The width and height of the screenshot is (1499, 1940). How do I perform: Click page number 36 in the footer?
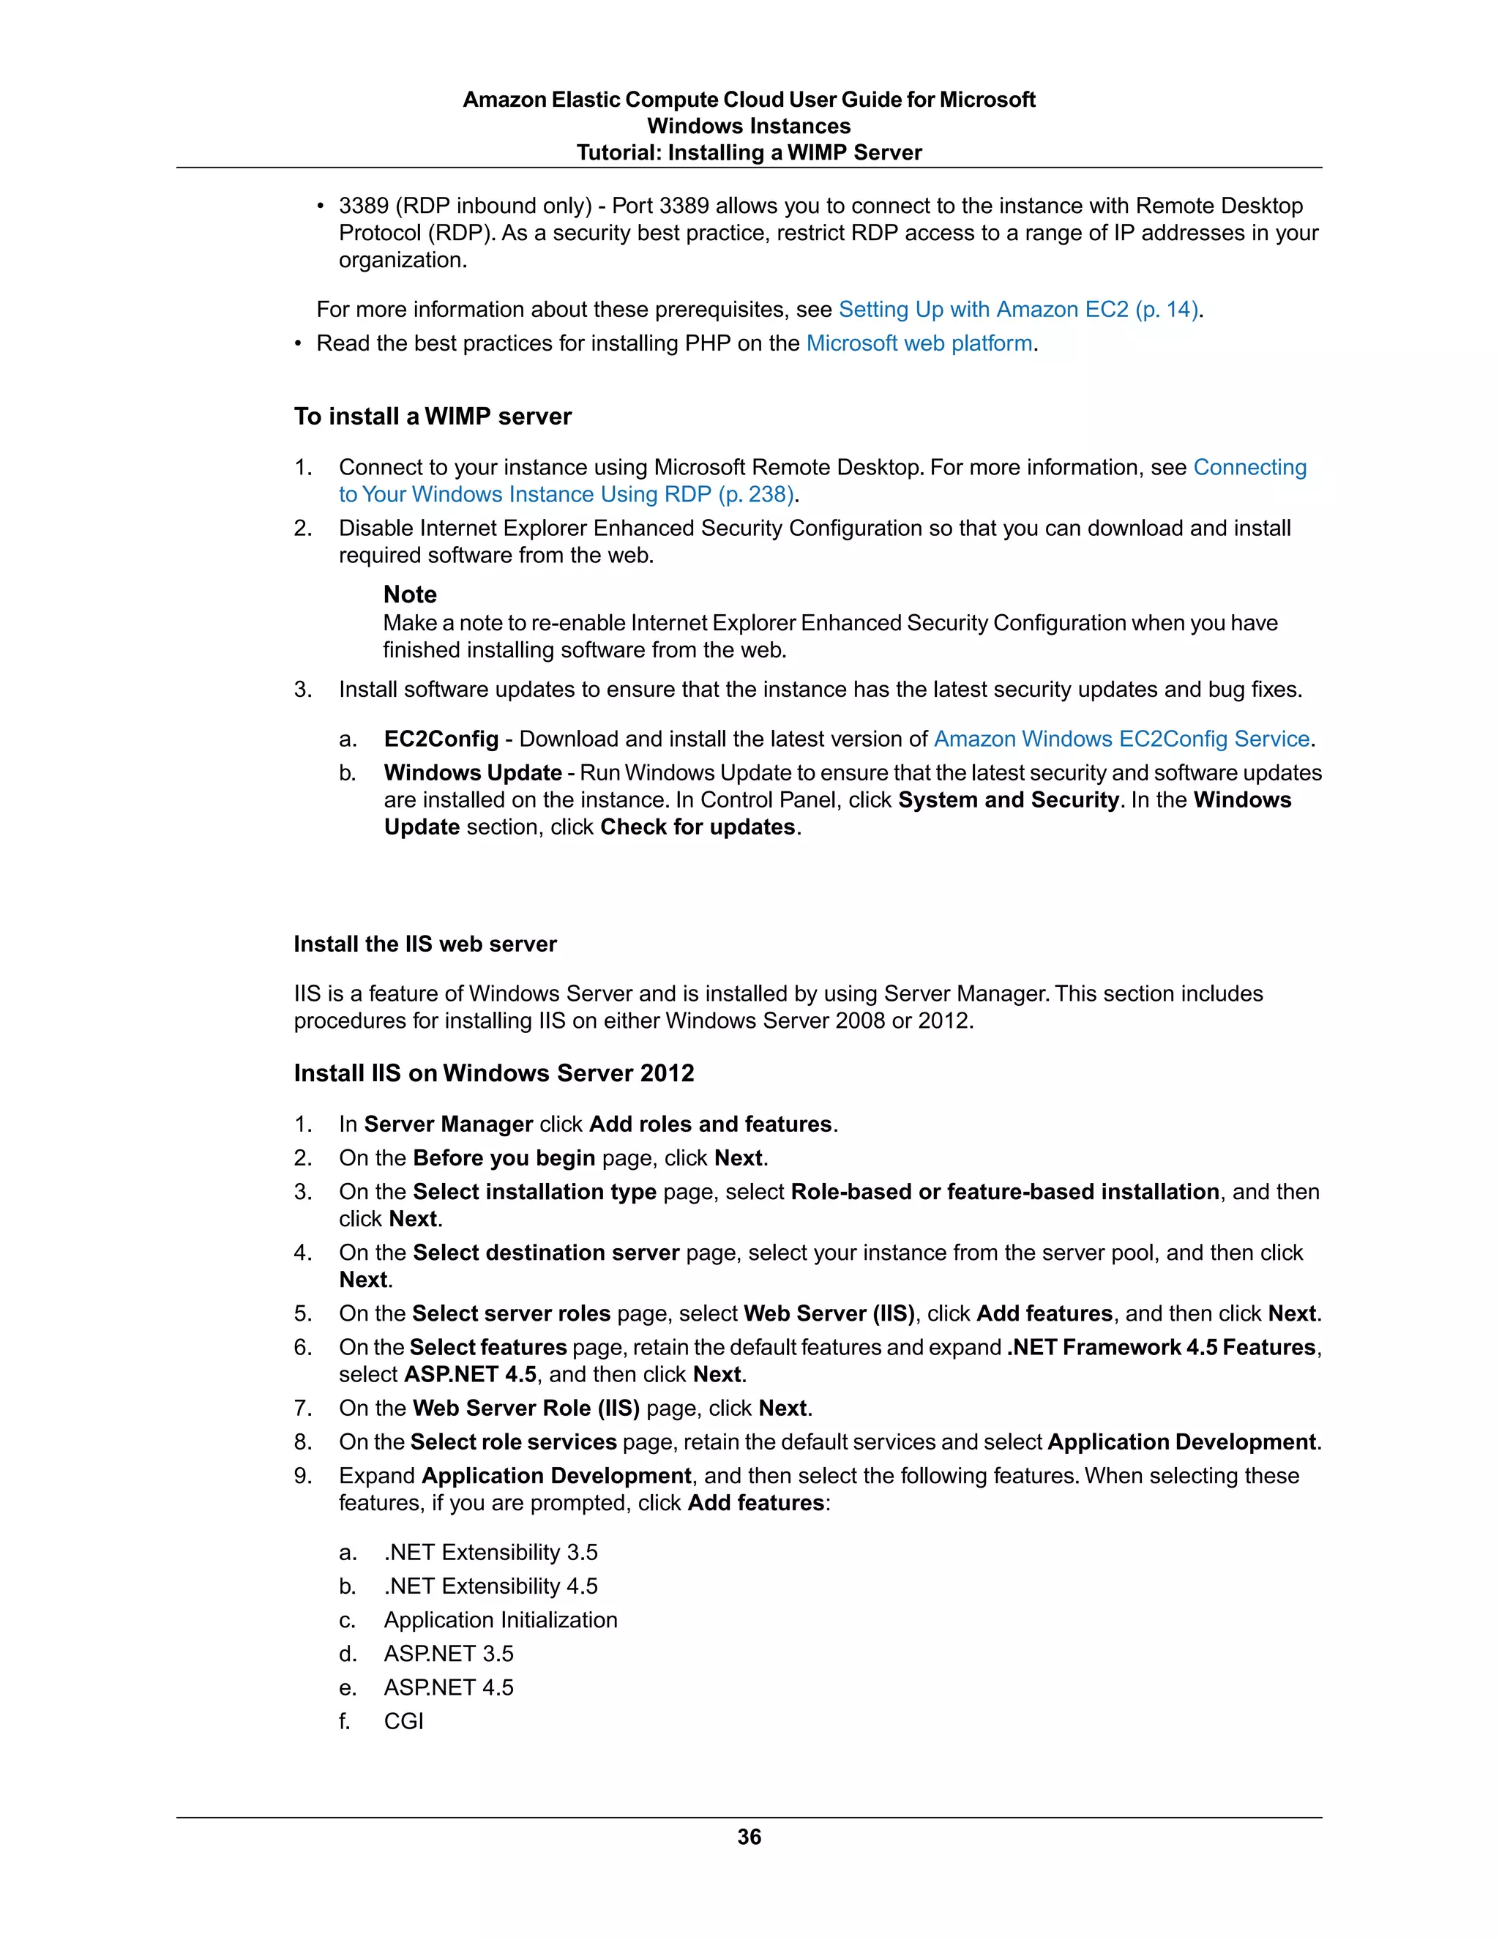[749, 1837]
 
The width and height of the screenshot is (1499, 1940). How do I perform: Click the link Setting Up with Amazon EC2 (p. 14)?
[1020, 309]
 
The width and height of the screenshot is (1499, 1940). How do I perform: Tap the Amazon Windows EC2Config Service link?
[1121, 739]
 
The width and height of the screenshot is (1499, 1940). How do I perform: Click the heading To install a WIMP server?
[433, 417]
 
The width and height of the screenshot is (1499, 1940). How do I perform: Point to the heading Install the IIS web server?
[425, 944]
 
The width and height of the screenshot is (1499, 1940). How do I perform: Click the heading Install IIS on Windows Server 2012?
[494, 1073]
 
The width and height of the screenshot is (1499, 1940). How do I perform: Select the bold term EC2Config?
[441, 739]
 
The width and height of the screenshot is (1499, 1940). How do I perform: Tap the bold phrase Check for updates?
[698, 827]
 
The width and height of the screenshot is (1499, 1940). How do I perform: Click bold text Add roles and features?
[711, 1124]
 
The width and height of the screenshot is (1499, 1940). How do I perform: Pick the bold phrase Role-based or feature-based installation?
[1004, 1191]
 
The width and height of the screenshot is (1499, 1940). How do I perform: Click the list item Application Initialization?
[500, 1619]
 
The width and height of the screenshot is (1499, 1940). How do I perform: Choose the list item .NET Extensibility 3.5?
[490, 1552]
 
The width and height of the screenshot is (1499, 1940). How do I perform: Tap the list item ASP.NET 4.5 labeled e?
[449, 1687]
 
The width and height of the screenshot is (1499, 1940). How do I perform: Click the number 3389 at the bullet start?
[363, 206]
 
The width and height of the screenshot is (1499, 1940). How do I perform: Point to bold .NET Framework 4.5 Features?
[1162, 1348]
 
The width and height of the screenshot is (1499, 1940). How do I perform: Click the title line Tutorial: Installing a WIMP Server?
[749, 153]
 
